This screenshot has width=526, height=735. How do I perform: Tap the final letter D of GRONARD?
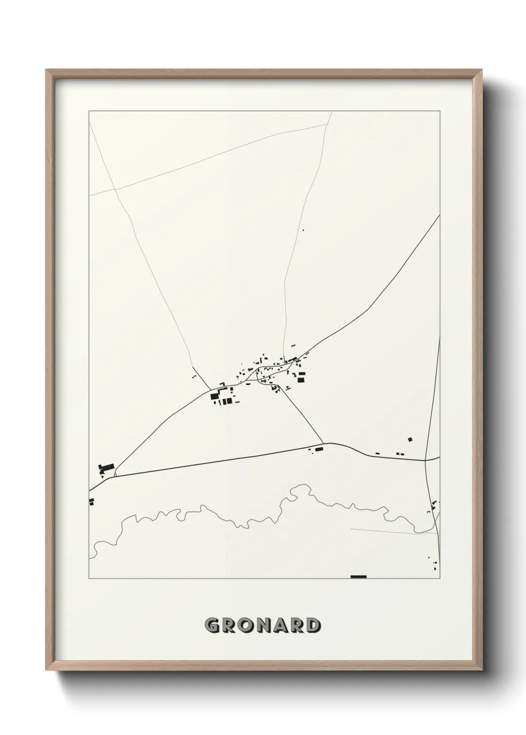312,625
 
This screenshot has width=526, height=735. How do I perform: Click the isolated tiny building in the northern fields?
303,230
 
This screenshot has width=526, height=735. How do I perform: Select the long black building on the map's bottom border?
358,577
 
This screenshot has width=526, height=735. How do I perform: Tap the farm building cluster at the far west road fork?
106,467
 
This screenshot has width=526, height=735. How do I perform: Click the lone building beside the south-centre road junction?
319,449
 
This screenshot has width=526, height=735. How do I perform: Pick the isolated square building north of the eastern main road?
410,439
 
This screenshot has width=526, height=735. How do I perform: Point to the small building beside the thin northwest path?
195,377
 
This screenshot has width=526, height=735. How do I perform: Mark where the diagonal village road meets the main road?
324,443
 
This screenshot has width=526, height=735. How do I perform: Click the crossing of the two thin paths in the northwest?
115,189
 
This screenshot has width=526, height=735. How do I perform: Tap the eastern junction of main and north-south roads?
426,460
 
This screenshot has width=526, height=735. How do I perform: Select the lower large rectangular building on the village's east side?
301,380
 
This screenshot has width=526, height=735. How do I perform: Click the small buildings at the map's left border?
91,502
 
